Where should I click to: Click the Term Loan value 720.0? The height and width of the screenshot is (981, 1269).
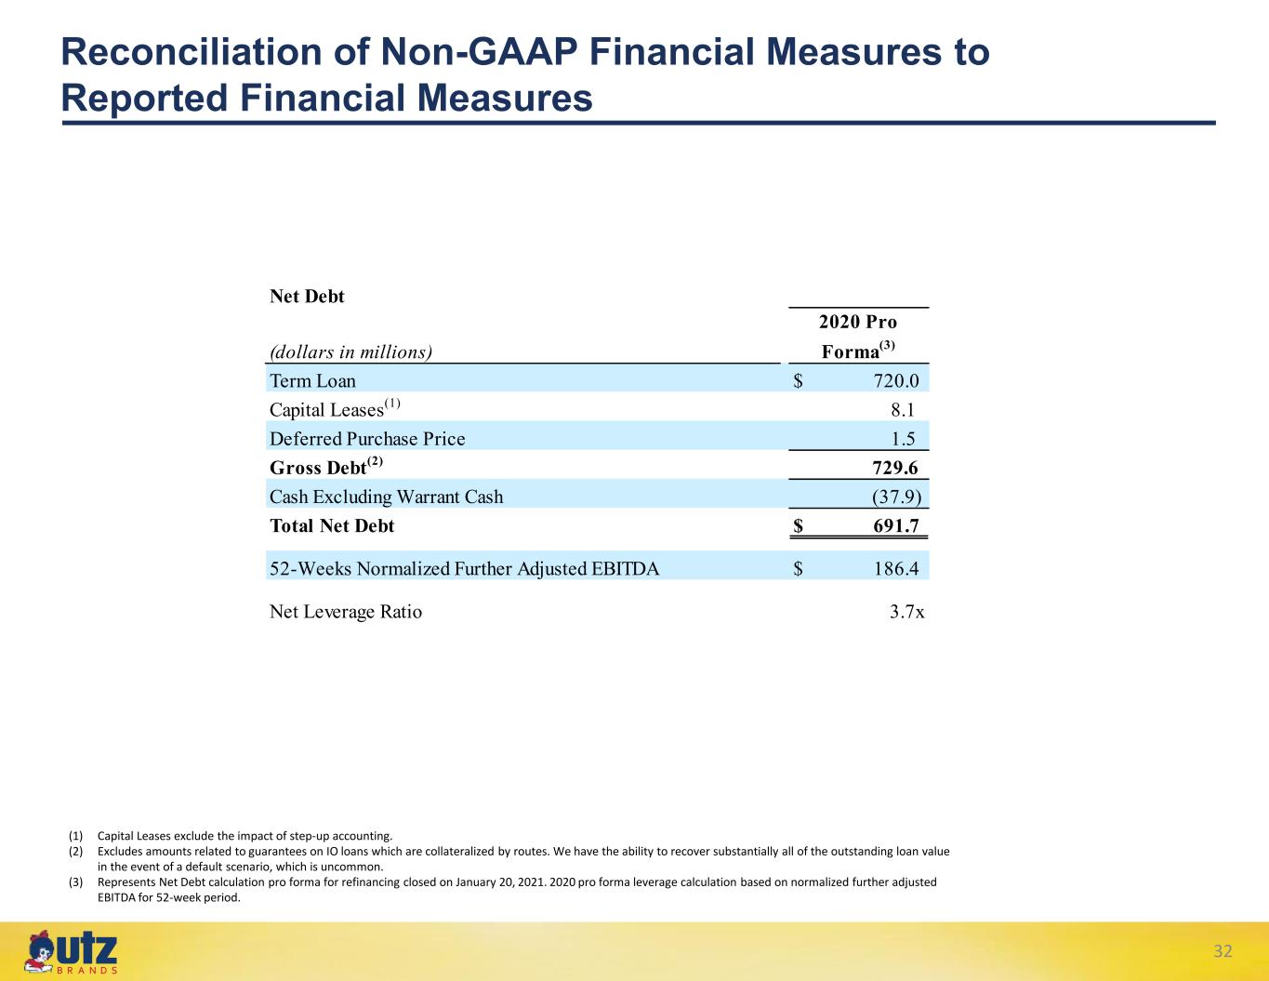(896, 381)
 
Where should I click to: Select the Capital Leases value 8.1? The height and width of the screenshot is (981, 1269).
(903, 410)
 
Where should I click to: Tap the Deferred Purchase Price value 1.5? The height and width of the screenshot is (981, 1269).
(903, 439)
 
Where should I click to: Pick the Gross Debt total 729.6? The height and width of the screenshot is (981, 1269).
(895, 468)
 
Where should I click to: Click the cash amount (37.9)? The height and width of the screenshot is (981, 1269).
(896, 497)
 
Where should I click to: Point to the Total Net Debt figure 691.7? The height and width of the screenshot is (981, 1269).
(896, 526)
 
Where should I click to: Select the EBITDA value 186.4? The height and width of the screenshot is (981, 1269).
(896, 569)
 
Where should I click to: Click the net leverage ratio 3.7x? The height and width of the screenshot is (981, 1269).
(907, 612)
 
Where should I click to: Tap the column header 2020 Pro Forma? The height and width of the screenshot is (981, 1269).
(858, 337)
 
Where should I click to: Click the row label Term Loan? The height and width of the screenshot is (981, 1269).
(312, 381)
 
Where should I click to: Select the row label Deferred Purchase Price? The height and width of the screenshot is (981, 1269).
(367, 439)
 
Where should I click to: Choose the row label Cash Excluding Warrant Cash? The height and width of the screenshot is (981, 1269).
(386, 497)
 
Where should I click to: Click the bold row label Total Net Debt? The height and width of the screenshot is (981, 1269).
(332, 526)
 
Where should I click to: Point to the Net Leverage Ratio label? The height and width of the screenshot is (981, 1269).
(346, 612)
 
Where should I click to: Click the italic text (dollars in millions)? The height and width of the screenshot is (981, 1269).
(351, 352)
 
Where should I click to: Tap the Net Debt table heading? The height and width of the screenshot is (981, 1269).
(307, 297)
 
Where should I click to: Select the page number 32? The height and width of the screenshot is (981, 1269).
(1223, 951)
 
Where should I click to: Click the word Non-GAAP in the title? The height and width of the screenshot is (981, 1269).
(479, 51)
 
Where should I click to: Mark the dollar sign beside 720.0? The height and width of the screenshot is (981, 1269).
(798, 381)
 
